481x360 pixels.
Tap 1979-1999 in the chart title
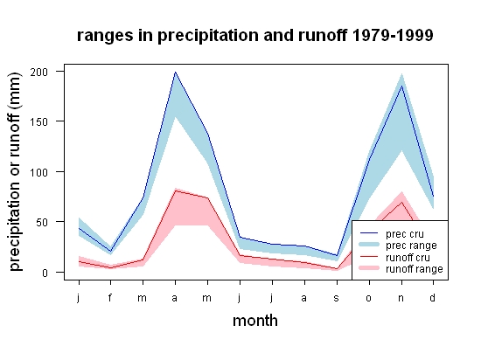click(393, 35)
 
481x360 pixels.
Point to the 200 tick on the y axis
click(39, 72)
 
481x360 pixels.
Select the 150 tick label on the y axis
click(39, 122)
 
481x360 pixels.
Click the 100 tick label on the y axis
click(39, 172)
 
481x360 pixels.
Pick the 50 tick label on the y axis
click(42, 222)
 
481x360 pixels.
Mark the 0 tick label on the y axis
click(45, 273)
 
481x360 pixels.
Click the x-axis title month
click(255, 321)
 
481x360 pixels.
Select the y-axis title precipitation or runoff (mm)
click(15, 172)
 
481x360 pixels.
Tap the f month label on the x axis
click(110, 297)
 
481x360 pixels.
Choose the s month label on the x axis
click(337, 298)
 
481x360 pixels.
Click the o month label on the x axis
click(369, 298)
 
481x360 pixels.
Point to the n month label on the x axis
click(401, 298)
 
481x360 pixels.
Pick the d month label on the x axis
click(433, 297)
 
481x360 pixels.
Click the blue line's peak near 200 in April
click(175, 72)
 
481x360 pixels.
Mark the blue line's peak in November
click(401, 86)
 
